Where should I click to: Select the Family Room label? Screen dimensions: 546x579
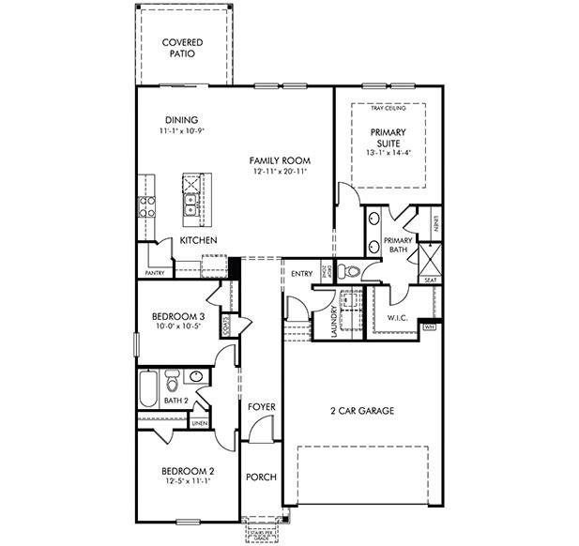[x=280, y=160]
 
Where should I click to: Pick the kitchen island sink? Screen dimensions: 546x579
[x=191, y=204]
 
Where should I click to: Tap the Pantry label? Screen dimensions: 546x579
[x=155, y=273]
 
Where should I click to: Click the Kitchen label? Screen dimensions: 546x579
[x=199, y=241]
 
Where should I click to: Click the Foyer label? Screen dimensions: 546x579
[x=262, y=406]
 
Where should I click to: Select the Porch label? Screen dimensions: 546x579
[x=261, y=478]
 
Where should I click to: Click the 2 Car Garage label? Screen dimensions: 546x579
[x=361, y=411]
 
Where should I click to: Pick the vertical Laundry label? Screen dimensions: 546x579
[x=333, y=320]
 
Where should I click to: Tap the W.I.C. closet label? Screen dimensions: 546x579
[x=401, y=318]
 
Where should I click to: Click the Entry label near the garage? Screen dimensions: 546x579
[x=302, y=274]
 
